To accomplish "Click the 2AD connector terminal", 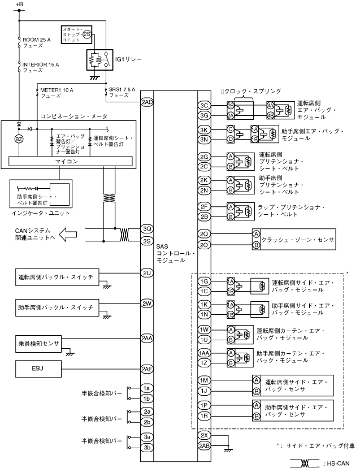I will tap(147, 102).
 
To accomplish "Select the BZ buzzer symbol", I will tap(19, 138).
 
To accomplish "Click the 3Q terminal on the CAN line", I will tap(147, 229).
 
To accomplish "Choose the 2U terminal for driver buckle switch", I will tap(147, 272).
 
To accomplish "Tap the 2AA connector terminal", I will tap(147, 338).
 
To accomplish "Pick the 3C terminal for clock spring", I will tap(205, 106).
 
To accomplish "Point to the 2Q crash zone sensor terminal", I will tap(205, 233).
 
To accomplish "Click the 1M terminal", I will tap(205, 380).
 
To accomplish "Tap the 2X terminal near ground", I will tap(205, 436).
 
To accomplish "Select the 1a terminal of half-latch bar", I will tap(147, 388).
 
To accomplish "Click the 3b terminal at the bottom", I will tap(147, 448).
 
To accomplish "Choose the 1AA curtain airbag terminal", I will tap(205, 353).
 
